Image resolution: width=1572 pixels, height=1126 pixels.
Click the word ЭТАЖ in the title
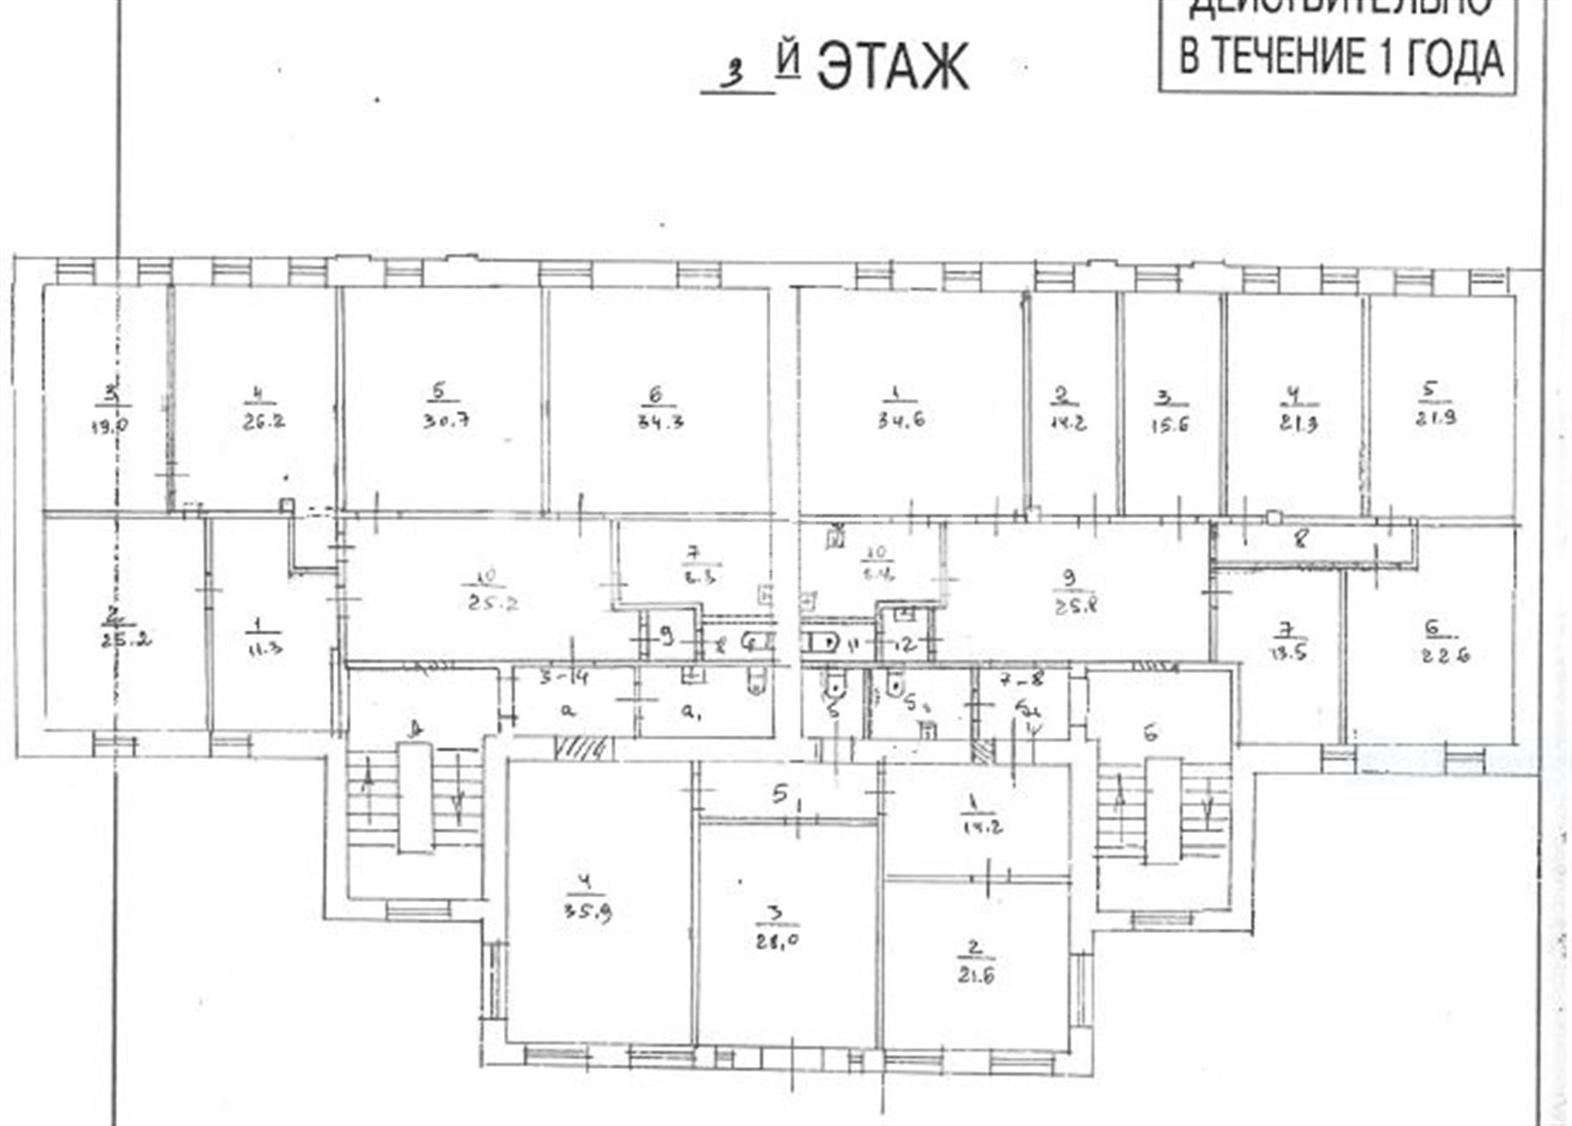point(893,67)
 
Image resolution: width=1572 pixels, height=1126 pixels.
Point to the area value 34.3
point(662,420)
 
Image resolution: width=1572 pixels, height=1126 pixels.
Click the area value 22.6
point(1446,654)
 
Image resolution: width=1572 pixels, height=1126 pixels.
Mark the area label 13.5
point(1289,653)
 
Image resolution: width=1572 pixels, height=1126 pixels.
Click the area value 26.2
point(263,420)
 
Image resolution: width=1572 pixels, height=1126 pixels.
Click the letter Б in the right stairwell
point(1151,733)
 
